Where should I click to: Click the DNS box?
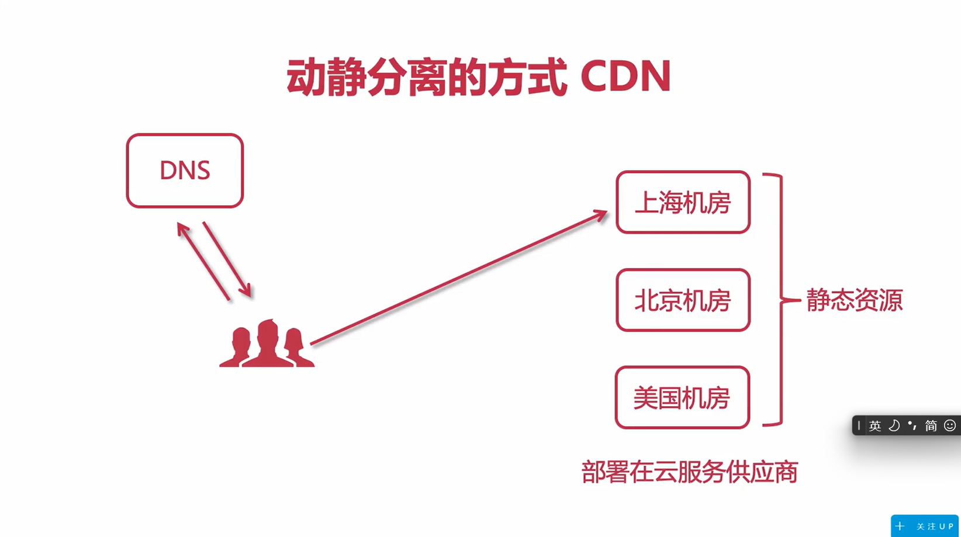[185, 171]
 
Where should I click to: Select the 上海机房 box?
[683, 203]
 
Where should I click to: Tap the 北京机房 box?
[683, 300]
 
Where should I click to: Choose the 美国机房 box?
[682, 398]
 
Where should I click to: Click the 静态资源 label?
[854, 300]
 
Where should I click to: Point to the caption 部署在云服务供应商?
[690, 472]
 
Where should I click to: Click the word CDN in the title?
[625, 77]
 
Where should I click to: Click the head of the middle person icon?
[268, 331]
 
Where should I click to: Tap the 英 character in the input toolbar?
[874, 426]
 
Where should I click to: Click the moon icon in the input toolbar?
[894, 425]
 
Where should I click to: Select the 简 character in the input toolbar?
[931, 426]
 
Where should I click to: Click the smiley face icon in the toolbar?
[950, 425]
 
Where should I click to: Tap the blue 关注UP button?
[925, 526]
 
